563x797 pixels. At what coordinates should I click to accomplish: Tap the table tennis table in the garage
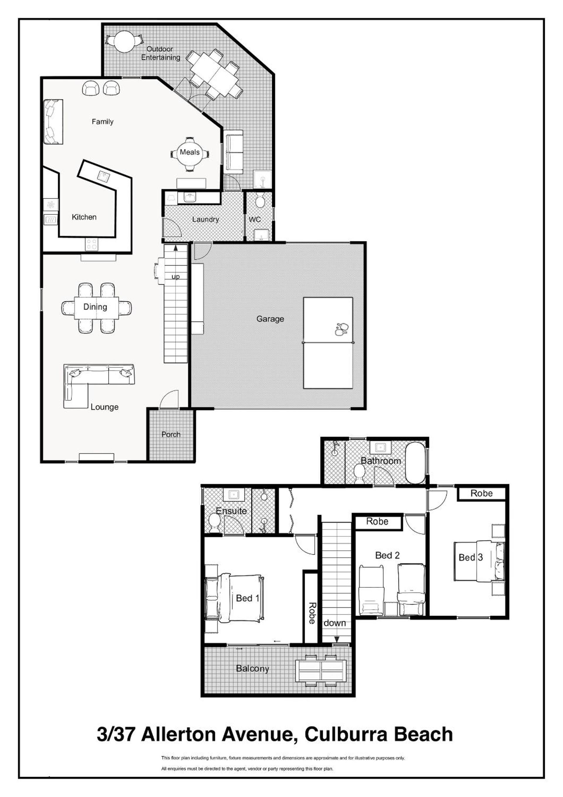click(328, 343)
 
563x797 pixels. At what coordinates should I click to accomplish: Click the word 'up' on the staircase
click(176, 277)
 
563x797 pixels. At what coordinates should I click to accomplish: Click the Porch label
click(171, 434)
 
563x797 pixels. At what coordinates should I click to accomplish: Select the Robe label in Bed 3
click(481, 493)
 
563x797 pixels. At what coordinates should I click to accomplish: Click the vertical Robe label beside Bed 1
click(312, 613)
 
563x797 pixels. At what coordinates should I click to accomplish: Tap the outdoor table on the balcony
click(321, 671)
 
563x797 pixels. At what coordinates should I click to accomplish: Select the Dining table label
click(95, 307)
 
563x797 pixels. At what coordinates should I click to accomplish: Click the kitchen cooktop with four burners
click(92, 244)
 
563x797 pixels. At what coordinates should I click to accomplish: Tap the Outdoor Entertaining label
click(160, 53)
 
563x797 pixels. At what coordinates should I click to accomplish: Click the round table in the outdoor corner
click(125, 42)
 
